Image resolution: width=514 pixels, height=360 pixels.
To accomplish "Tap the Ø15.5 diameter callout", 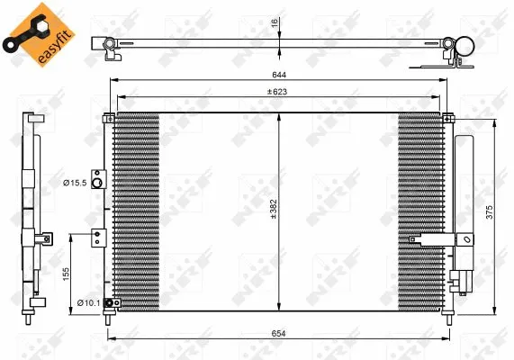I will point(74,183).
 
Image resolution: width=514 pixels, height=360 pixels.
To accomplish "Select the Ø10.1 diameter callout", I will point(87,301).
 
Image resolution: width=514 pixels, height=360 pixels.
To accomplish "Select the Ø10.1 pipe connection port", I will point(109,303).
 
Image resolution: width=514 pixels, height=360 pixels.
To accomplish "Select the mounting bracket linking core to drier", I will point(432,238).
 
